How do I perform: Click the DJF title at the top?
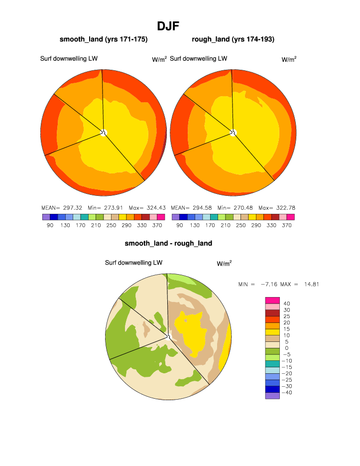168,26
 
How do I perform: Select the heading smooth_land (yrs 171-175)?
104,39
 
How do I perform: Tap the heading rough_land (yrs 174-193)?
233,39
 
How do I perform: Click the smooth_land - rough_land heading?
168,243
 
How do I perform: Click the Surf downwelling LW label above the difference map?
133,263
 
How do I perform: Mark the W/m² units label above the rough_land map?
289,59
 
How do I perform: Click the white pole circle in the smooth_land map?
104,132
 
